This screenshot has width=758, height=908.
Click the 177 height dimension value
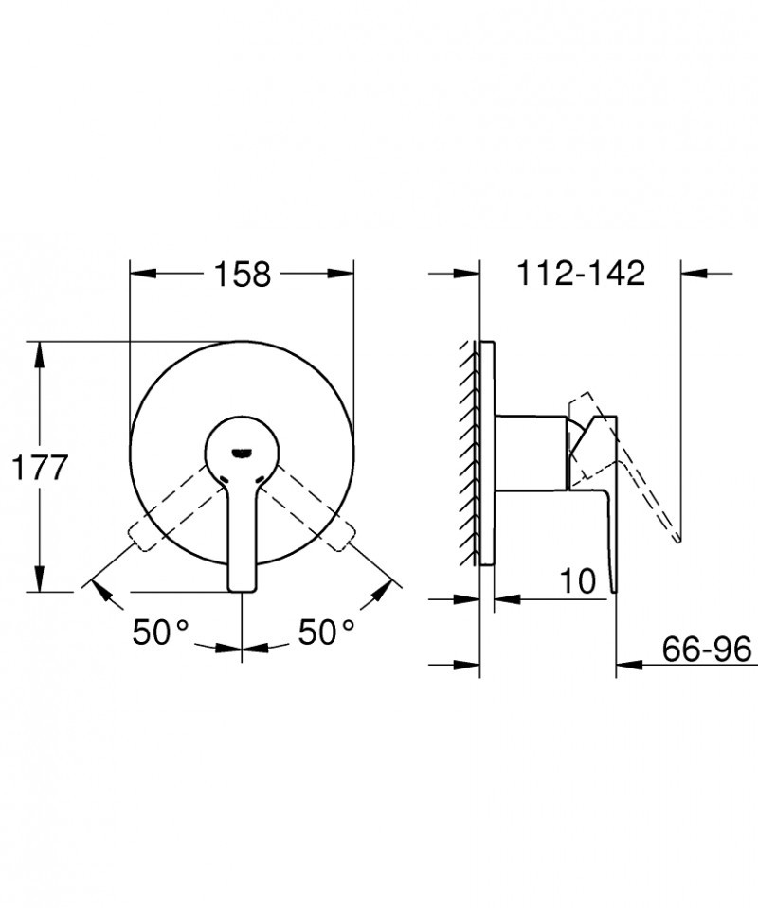pos(39,467)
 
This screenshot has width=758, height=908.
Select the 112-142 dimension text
pos(581,274)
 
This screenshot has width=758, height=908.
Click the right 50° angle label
pos(326,632)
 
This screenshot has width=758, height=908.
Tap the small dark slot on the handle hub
pos(243,451)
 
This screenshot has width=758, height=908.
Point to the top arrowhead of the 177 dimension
pos(39,350)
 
